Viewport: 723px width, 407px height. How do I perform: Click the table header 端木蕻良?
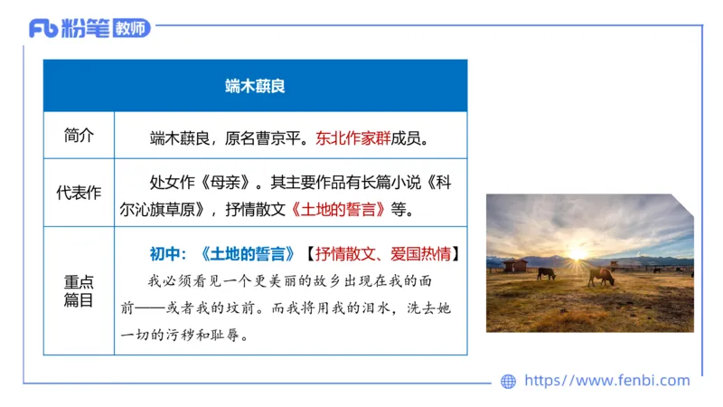point(255,87)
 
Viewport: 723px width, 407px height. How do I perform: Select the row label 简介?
point(79,136)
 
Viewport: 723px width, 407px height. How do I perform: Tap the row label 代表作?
point(79,192)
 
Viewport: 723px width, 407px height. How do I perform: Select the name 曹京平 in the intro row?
point(281,138)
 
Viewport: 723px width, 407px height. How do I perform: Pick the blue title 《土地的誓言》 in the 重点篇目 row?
point(247,254)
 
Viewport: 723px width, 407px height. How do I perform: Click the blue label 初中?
point(168,254)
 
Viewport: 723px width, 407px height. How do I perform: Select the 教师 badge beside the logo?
point(132,28)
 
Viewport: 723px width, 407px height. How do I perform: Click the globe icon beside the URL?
point(508,381)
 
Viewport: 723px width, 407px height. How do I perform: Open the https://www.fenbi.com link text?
point(606,381)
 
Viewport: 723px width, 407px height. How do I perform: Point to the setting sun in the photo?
point(576,253)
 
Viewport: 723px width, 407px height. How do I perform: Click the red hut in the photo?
point(515,265)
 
